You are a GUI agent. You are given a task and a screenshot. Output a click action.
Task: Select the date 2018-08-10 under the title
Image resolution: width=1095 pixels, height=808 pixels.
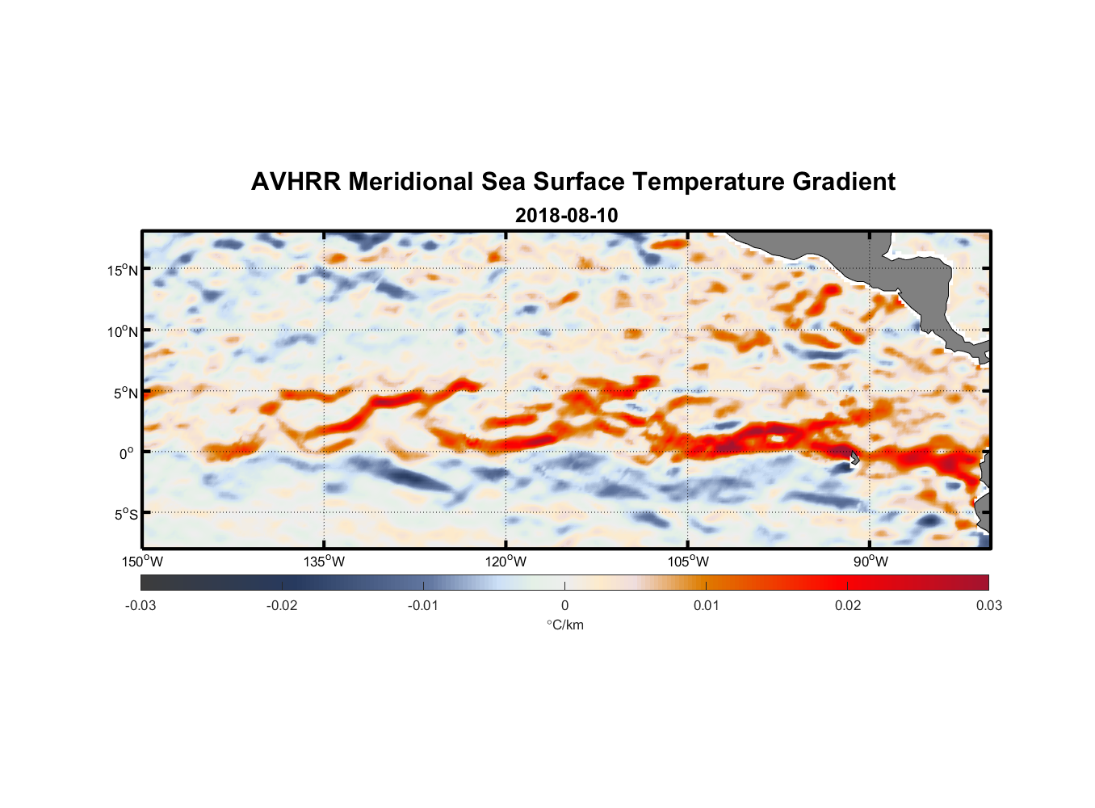(x=566, y=216)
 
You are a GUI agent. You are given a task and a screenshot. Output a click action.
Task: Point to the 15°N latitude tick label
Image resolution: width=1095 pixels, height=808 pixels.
(x=123, y=270)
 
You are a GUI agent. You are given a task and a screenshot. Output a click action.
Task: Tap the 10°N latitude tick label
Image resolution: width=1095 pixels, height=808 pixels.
(x=123, y=331)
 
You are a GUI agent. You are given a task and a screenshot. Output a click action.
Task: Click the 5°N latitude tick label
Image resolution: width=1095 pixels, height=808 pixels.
(x=125, y=393)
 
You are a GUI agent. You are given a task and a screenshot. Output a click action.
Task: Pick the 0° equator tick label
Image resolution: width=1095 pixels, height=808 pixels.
(x=127, y=453)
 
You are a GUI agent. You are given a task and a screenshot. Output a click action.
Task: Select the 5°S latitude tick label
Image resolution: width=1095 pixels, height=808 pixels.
(x=125, y=515)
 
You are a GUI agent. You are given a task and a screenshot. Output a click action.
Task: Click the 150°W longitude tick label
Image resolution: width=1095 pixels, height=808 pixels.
(x=142, y=562)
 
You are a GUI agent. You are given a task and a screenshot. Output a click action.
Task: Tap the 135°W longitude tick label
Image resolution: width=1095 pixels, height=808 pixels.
(x=324, y=562)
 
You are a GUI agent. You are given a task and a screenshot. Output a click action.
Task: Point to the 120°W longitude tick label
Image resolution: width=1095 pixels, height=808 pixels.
(x=506, y=562)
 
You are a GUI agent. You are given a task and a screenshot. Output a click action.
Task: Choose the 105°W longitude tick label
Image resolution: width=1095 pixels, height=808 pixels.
(x=688, y=562)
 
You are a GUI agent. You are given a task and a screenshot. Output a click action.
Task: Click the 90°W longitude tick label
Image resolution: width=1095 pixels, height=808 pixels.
(x=871, y=562)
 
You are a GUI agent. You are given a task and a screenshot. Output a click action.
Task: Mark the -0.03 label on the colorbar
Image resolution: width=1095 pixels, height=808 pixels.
(x=141, y=605)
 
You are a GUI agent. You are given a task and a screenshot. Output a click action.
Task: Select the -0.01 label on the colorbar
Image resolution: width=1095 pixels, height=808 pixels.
(x=423, y=605)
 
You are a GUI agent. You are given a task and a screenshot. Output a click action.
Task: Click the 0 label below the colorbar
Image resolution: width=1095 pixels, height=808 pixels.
(x=564, y=605)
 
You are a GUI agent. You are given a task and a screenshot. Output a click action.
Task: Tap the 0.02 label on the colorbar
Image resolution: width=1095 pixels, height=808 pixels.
(x=848, y=605)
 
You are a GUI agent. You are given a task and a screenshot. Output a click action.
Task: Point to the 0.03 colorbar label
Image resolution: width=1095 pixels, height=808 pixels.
(x=988, y=605)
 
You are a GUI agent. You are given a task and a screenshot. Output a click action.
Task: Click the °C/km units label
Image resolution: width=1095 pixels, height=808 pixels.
(x=564, y=625)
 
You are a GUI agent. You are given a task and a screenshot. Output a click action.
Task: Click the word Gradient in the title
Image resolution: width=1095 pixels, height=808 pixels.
(x=844, y=182)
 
